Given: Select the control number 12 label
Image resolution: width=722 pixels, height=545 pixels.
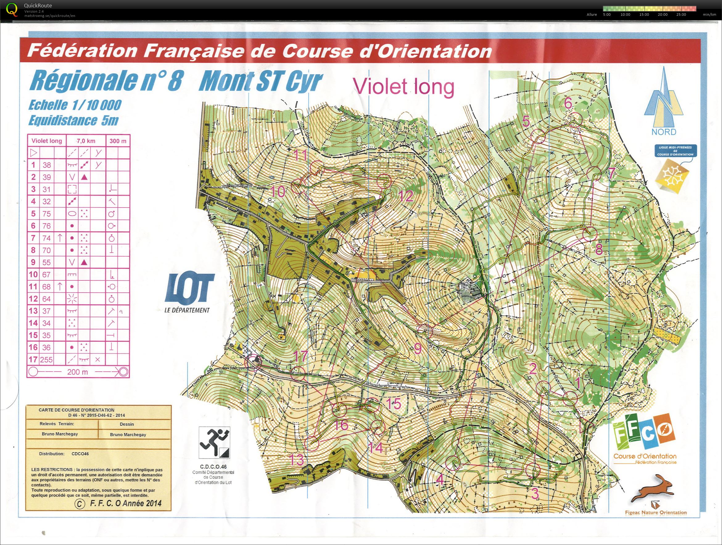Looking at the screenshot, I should point(406,196).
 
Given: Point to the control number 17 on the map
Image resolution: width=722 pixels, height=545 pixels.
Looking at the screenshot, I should point(301,356).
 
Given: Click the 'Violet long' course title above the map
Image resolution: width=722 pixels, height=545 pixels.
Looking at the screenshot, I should point(403,87).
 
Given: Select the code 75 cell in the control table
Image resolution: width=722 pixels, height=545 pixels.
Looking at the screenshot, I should point(47,214).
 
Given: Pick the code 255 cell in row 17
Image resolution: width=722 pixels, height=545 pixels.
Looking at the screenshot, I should point(46,360).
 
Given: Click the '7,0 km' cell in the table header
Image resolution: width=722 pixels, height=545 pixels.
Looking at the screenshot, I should point(86,141).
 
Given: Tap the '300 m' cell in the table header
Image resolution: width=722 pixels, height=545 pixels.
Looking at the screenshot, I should point(118,141).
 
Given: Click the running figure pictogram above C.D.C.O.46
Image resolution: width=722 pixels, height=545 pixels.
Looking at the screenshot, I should point(214,443).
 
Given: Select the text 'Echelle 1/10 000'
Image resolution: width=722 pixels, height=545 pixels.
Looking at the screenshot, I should point(75,105).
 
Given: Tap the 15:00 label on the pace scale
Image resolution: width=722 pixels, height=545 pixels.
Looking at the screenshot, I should point(644,14).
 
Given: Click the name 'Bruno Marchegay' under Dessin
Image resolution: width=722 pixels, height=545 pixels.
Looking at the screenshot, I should point(128,435).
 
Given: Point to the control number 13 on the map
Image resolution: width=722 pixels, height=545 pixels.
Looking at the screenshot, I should point(297,460).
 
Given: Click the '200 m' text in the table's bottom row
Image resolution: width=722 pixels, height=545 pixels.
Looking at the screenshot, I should point(77,372).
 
